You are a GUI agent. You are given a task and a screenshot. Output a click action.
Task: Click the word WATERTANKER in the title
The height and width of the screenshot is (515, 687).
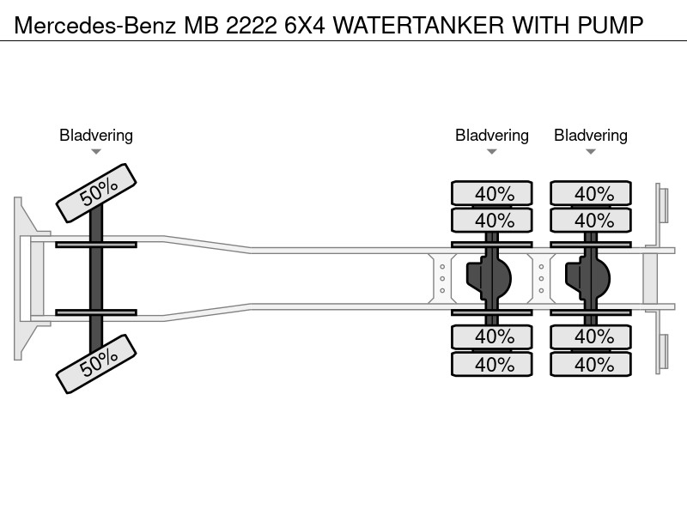(x=419, y=25)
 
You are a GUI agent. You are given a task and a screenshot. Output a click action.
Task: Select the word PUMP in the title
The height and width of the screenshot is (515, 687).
(x=611, y=25)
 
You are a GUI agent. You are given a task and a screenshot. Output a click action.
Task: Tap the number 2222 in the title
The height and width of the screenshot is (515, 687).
(x=252, y=25)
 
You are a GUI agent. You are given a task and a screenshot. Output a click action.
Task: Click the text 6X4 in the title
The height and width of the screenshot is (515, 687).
(x=305, y=25)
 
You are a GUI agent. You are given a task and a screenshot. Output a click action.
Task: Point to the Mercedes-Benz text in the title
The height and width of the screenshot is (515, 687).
(x=95, y=25)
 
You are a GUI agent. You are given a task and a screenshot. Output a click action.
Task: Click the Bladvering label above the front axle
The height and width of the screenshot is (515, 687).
(x=96, y=136)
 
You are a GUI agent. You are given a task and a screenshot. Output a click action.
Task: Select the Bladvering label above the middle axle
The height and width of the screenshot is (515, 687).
(x=491, y=136)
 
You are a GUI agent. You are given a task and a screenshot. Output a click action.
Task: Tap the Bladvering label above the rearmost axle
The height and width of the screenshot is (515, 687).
(x=591, y=136)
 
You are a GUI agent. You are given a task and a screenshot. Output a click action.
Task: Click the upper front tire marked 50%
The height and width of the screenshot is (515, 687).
(x=96, y=192)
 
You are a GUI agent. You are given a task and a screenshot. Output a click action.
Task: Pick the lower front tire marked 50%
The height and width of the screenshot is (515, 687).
(x=96, y=364)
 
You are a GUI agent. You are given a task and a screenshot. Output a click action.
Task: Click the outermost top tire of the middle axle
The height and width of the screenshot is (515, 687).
(x=491, y=193)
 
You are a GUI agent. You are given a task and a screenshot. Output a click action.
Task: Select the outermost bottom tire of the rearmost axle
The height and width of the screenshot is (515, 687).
(x=591, y=364)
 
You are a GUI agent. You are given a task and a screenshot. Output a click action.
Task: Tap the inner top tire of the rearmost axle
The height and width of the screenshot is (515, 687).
(x=591, y=220)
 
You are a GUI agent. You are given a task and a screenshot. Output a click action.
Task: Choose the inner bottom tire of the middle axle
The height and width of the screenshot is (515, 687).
(x=491, y=336)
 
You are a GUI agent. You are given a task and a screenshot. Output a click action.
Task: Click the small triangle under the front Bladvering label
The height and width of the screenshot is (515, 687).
(x=96, y=152)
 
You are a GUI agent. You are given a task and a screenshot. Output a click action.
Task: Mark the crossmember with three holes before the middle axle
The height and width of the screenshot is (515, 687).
(x=442, y=278)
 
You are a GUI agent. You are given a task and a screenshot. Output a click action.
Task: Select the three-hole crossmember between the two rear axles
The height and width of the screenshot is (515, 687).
(x=541, y=278)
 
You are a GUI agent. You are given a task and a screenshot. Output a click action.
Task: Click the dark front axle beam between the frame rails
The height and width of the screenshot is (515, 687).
(x=96, y=278)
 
